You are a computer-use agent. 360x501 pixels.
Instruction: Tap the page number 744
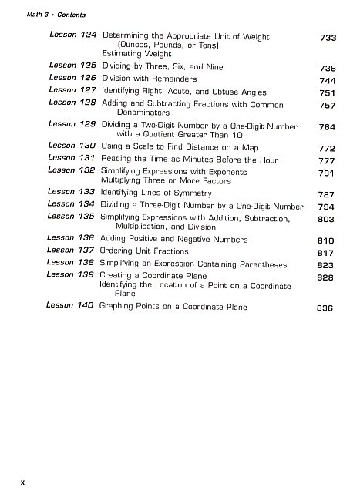328,79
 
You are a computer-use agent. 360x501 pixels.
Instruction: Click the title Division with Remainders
150,79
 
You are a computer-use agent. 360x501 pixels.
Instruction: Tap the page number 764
328,127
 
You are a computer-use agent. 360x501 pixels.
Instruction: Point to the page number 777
328,160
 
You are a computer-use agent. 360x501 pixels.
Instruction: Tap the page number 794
328,207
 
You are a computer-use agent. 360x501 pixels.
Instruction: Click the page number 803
328,220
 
